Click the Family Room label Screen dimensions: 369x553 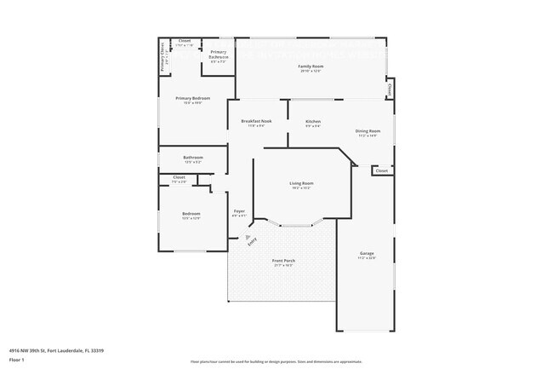click(x=311, y=66)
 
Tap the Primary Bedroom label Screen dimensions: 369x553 click(x=193, y=99)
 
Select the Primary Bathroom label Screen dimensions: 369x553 click(x=219, y=55)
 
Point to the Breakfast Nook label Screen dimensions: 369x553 click(x=256, y=122)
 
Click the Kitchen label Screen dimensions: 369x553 click(x=313, y=122)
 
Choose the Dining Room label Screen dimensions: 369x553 click(x=368, y=130)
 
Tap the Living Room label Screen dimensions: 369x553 click(x=302, y=183)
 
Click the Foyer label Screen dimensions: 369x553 click(x=240, y=210)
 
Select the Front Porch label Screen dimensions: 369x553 click(x=283, y=261)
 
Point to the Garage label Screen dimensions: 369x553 click(x=368, y=253)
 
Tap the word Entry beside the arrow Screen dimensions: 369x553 click(x=252, y=241)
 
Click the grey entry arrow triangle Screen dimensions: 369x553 click(x=248, y=228)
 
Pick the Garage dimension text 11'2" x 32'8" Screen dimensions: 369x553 click(x=368, y=258)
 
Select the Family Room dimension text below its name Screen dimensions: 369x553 click(x=311, y=71)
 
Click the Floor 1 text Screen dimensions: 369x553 click(x=16, y=360)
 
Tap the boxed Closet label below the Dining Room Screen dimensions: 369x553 click(x=382, y=170)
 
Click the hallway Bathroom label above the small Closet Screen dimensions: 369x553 click(x=193, y=158)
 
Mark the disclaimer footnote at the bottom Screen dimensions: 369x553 click(x=276, y=361)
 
